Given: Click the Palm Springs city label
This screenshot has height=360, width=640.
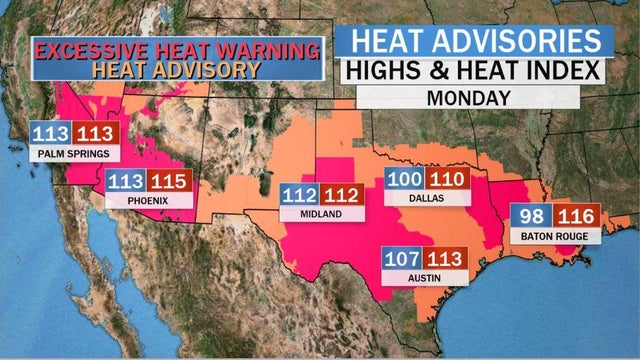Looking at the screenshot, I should click(x=74, y=155).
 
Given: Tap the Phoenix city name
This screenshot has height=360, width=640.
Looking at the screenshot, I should click(x=146, y=201).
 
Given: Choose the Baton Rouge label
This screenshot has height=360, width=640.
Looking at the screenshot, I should click(x=554, y=236).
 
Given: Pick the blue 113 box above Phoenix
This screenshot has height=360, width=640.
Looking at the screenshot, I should click(x=125, y=181).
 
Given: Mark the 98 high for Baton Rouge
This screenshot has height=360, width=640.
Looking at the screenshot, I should click(x=532, y=216).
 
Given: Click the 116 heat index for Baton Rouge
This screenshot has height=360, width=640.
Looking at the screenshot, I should click(x=578, y=216).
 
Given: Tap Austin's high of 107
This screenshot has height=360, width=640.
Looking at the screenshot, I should click(x=403, y=258).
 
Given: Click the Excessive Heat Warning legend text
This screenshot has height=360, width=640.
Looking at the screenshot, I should click(x=178, y=49).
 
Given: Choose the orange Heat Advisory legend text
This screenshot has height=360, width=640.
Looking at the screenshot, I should click(x=176, y=70).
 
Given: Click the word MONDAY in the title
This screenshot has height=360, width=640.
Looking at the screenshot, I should click(x=469, y=97).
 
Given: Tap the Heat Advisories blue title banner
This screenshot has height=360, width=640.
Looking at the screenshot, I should click(x=473, y=40).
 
